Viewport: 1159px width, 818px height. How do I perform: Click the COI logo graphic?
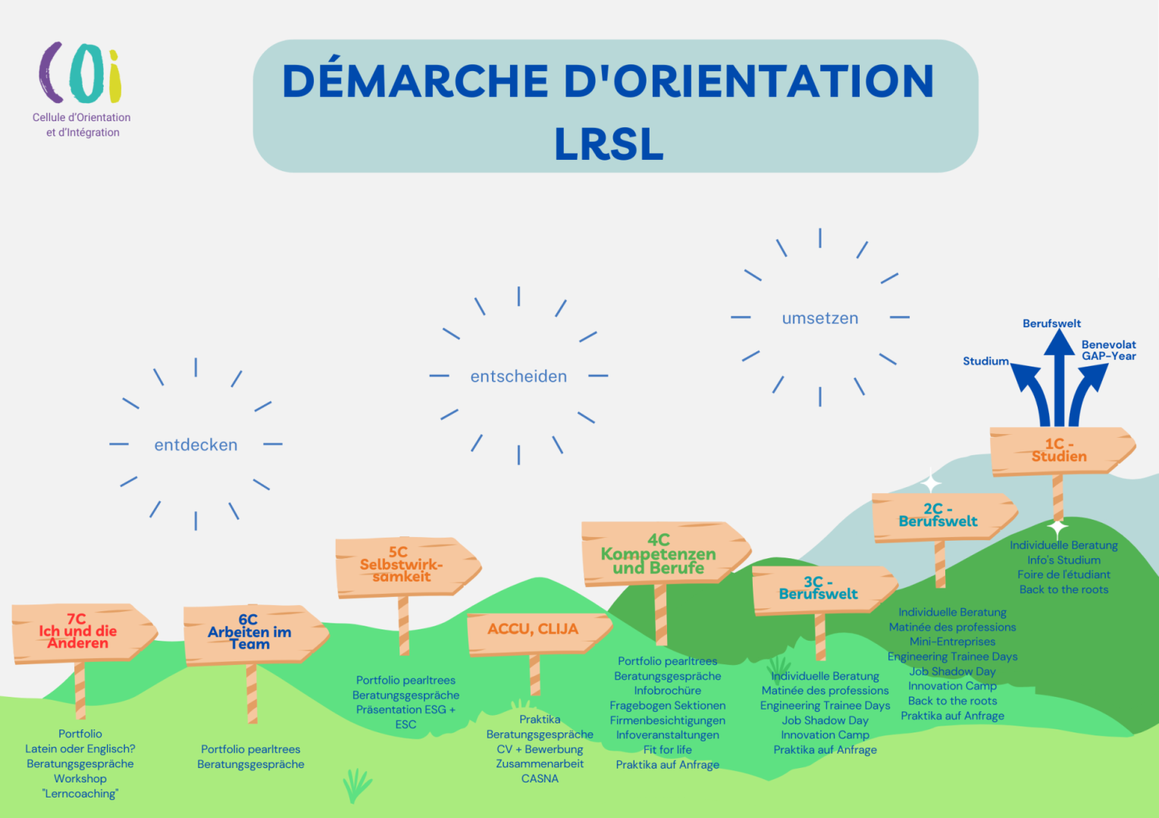80,73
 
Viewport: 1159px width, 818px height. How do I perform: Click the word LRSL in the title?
609,144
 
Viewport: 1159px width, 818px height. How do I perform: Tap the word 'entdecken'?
196,445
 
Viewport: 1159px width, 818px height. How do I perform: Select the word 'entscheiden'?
518,376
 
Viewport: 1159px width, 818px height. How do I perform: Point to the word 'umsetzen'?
820,318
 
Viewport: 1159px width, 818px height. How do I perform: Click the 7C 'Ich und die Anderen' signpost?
80,632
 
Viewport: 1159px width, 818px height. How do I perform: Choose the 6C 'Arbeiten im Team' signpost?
251,633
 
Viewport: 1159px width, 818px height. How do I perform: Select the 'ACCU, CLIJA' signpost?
534,630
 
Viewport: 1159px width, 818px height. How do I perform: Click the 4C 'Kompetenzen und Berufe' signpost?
659,554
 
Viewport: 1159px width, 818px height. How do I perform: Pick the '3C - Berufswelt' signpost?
819,589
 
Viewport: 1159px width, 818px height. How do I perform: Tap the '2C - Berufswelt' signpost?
939,516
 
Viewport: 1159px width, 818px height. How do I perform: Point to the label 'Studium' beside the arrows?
985,361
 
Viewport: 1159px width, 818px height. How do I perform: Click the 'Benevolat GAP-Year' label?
1108,350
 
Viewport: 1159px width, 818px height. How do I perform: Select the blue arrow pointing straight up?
1059,371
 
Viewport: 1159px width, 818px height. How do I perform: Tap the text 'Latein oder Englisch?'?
80,748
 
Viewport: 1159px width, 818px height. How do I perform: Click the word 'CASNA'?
540,779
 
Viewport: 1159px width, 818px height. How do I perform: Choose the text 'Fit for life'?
667,750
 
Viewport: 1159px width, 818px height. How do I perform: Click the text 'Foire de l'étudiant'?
1063,574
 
